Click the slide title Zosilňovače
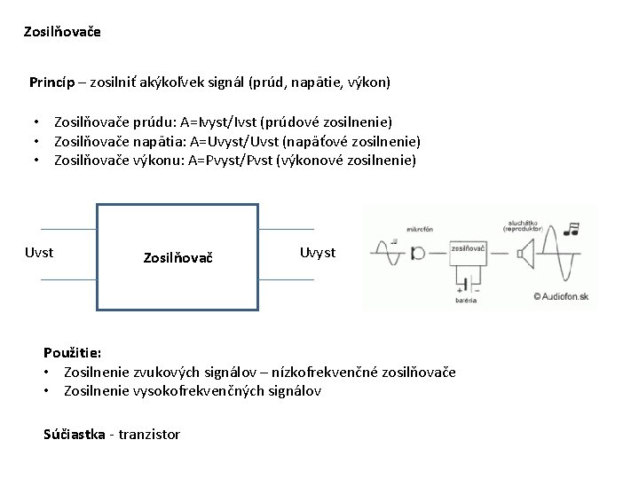tap(63, 32)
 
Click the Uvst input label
tap(38, 253)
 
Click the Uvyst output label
tap(318, 253)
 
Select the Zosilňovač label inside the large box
tap(177, 258)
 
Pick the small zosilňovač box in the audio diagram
tap(468, 254)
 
